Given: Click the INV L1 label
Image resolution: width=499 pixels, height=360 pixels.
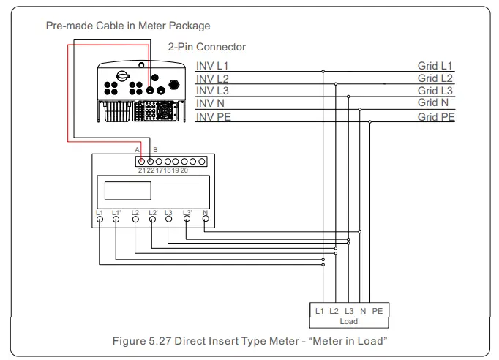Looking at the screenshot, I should pos(213,66).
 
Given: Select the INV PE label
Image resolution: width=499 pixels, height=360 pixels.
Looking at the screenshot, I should pos(214,116).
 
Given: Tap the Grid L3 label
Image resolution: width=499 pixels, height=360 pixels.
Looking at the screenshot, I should pos(435,91).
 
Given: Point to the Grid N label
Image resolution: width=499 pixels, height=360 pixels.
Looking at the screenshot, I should pos(437,104).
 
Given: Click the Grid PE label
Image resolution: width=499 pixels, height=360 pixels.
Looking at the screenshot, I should pos(437,116).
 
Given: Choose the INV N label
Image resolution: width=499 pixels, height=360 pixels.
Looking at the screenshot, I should pos(211,104).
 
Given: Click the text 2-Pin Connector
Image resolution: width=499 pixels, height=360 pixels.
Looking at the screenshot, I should pos(206,47).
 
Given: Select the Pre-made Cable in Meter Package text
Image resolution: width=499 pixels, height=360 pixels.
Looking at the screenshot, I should pos(127,26).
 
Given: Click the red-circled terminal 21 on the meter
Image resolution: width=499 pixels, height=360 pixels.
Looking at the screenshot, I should pos(141,161).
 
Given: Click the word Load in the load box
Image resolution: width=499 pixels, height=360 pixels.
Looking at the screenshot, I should pos(349,321).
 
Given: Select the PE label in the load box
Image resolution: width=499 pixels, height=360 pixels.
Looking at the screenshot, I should pos(377,311).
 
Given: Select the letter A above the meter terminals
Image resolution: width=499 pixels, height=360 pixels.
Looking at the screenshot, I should pos(138,150).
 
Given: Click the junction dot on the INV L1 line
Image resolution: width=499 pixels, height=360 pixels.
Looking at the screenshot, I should pos(323,72).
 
